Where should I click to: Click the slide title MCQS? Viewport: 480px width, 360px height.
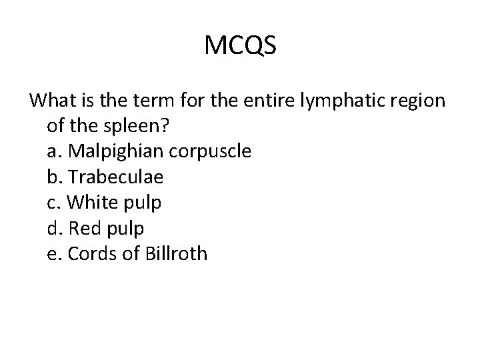coord(240,46)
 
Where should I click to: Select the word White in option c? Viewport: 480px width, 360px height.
coord(90,203)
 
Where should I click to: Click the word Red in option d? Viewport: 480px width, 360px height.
coord(84,228)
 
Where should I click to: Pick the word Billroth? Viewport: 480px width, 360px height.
coord(175,253)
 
